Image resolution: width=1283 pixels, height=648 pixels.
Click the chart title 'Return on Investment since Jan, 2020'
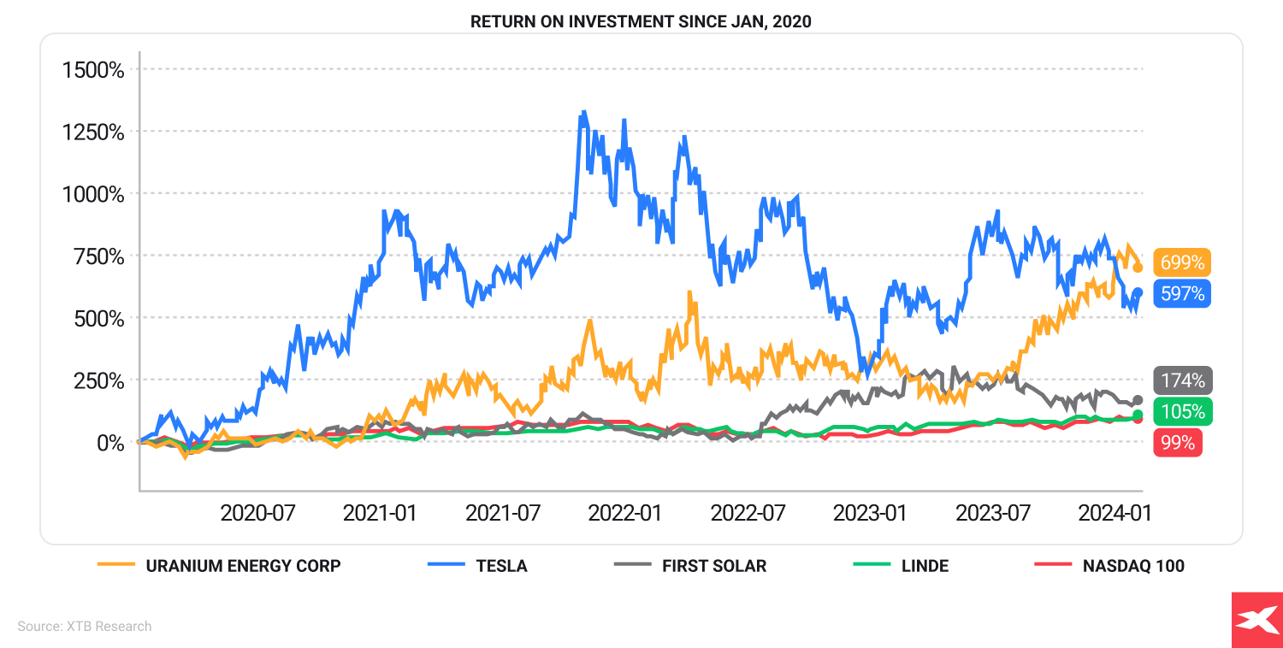click(x=641, y=21)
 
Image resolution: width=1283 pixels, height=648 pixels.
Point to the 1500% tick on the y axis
click(x=93, y=69)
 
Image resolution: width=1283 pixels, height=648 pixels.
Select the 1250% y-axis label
click(x=93, y=132)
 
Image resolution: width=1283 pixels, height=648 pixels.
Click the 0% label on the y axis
click(x=109, y=443)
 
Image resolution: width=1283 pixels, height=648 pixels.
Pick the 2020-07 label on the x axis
click(x=257, y=513)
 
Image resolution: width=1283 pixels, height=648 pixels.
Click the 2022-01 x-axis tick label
click(x=624, y=513)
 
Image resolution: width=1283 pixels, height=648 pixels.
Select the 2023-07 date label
click(x=992, y=513)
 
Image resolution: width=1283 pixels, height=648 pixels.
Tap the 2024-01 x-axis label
click(x=1114, y=513)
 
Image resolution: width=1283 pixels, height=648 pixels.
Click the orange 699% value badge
click(x=1182, y=262)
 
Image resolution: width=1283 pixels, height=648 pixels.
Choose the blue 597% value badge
click(x=1182, y=294)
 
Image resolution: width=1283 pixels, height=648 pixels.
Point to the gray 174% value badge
click(x=1182, y=380)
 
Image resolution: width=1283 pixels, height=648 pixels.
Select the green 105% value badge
click(x=1182, y=411)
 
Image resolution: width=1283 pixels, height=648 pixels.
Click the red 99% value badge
click(x=1178, y=443)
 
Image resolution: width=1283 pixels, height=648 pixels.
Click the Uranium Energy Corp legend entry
click(x=220, y=566)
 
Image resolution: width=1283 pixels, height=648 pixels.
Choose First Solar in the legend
click(x=690, y=566)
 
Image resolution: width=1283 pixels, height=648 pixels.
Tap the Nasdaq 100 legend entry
click(x=1109, y=566)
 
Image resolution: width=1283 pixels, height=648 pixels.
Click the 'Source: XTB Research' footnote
click(x=85, y=627)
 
